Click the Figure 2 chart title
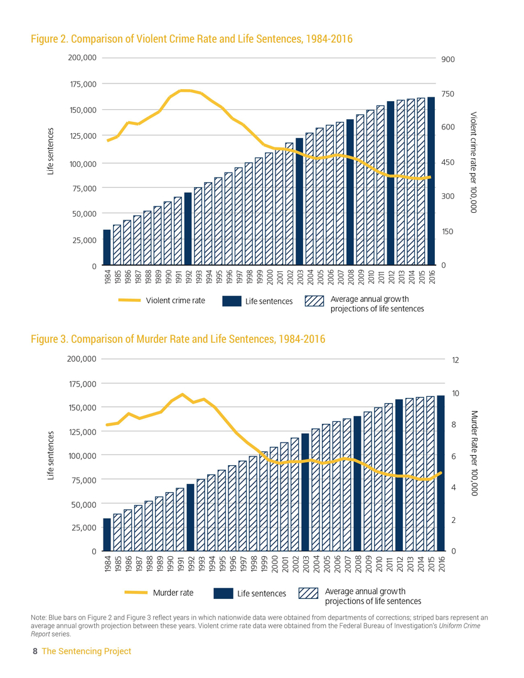[191, 40]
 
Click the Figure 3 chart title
[178, 340]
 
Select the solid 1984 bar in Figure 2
[107, 247]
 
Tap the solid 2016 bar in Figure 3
[441, 473]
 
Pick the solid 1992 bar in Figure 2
[188, 229]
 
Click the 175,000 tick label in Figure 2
[80, 83]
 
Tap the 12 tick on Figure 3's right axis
[456, 360]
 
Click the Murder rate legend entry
[159, 593]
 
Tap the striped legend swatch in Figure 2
[314, 301]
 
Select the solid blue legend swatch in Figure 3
[223, 593]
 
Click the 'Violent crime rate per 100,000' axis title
[473, 162]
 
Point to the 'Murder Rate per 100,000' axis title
[473, 454]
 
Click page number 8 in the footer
[35, 652]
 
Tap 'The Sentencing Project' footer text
[87, 652]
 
